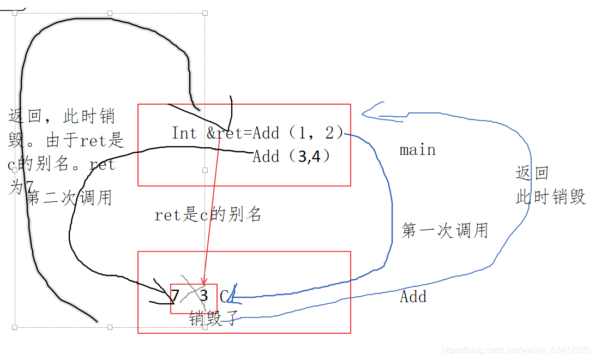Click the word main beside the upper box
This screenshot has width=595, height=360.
click(x=417, y=150)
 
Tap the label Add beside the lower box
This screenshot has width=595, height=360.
click(x=413, y=297)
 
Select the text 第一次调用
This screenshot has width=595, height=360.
click(x=444, y=230)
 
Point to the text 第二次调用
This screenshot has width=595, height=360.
click(x=69, y=197)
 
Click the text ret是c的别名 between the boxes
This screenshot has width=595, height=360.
click(x=208, y=215)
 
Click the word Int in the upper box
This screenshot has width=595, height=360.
click(x=184, y=133)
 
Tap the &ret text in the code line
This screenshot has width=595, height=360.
click(x=224, y=133)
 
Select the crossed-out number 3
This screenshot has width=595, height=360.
click(x=204, y=296)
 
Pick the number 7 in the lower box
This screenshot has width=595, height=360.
click(x=175, y=296)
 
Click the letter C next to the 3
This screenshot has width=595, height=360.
click(x=224, y=296)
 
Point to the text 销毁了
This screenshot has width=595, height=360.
click(x=213, y=319)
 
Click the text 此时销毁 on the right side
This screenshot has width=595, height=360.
click(x=550, y=197)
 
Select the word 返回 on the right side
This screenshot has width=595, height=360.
click(x=532, y=173)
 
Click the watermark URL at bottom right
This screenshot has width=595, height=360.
click(x=515, y=350)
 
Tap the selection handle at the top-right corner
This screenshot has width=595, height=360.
click(x=205, y=13)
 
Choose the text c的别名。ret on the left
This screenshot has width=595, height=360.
click(x=62, y=164)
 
